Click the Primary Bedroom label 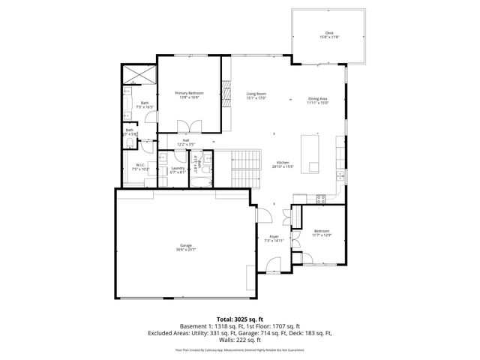[x=189, y=93]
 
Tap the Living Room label [x=256, y=94]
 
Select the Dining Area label [x=318, y=98]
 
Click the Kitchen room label [x=283, y=163]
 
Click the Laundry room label [x=178, y=168]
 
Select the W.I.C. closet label [x=140, y=166]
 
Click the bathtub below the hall [x=201, y=181]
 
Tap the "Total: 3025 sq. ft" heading [x=239, y=319]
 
